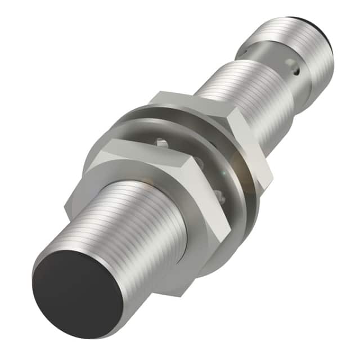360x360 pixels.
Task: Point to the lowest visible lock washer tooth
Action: point(219,194)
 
